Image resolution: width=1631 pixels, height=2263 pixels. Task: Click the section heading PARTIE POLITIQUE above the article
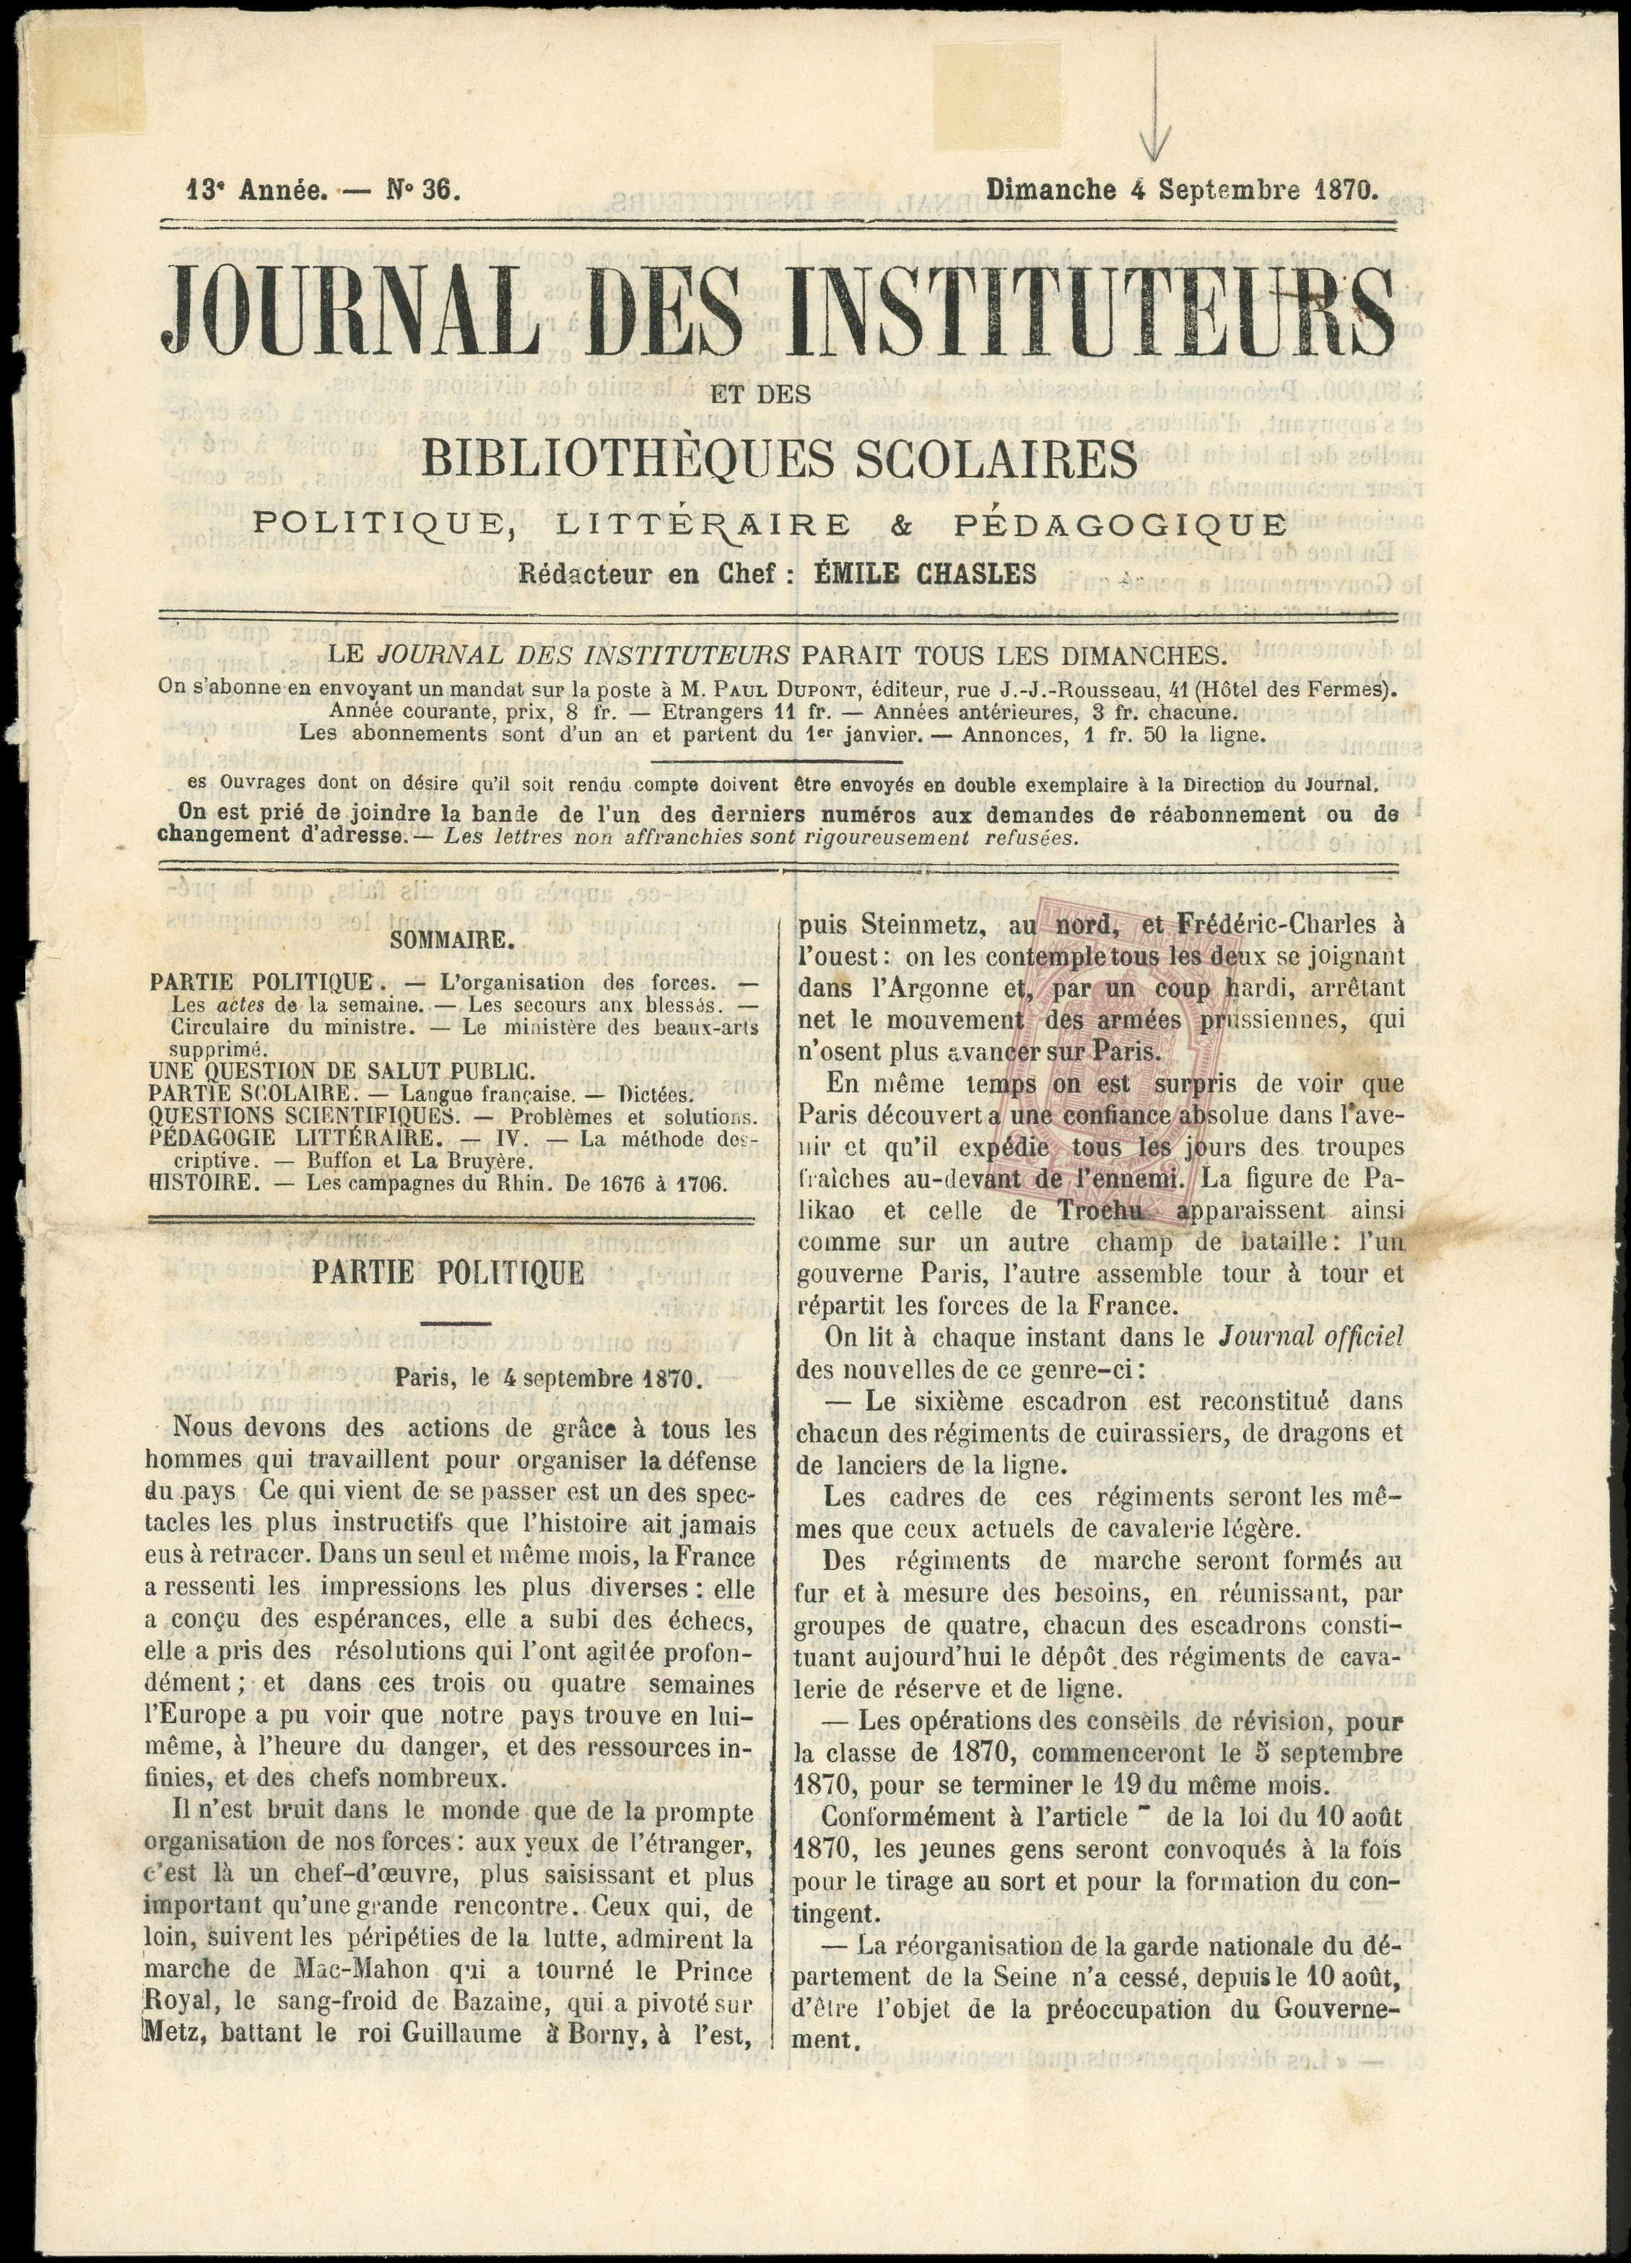click(448, 1274)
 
